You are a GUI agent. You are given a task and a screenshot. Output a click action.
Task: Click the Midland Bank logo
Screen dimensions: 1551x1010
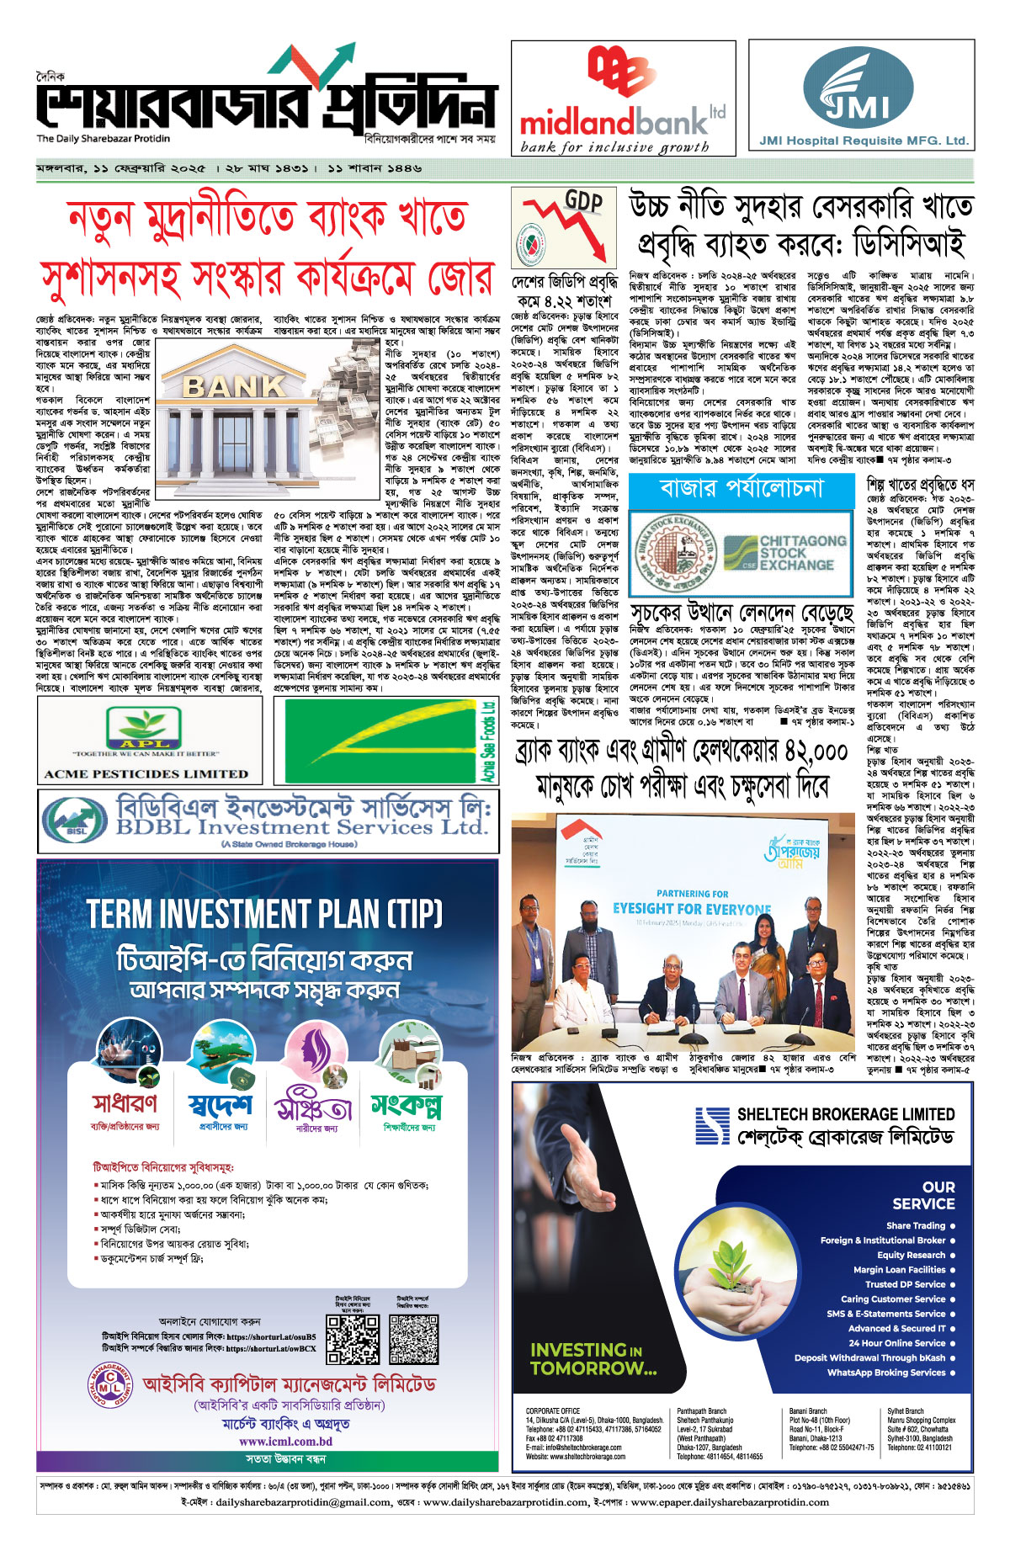623,97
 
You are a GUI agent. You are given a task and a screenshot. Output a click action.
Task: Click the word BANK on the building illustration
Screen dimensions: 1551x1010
235,386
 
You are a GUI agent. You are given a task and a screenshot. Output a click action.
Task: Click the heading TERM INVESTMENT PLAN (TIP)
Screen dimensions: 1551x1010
265,913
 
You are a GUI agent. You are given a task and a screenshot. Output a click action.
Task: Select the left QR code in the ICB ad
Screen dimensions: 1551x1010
352,1339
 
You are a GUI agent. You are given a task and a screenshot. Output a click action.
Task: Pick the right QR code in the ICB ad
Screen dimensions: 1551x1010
414,1339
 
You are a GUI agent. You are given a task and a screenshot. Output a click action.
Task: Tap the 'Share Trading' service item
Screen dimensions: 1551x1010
916,1225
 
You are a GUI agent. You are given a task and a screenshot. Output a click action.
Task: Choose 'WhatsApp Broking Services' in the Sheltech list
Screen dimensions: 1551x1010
886,1373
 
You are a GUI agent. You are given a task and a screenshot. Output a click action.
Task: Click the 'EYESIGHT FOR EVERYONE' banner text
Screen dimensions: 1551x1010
692,909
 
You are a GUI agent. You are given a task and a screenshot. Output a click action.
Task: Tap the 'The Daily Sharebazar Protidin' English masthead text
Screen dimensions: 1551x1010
103,139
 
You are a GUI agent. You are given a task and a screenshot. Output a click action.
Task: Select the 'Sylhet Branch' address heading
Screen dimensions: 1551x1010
905,1411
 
